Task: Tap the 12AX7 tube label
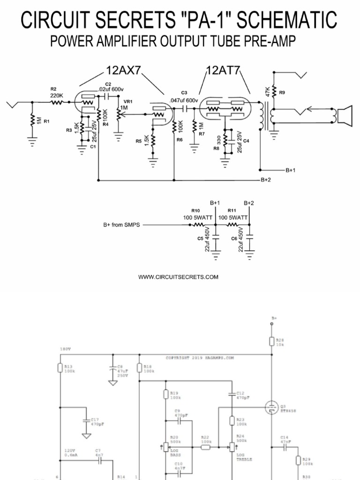(x=123, y=71)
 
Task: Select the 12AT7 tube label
(x=223, y=71)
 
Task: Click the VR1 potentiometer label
(x=127, y=101)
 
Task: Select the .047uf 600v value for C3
(x=184, y=100)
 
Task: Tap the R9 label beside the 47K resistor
(x=282, y=93)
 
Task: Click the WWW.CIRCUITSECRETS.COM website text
(x=178, y=277)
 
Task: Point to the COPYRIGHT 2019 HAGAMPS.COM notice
(x=200, y=358)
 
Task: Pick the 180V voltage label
(x=65, y=349)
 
